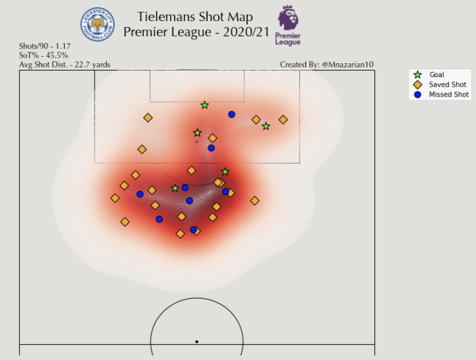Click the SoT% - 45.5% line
tap(44, 55)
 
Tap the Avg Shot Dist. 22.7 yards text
tap(65, 64)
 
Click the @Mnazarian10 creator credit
tap(347, 64)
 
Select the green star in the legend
tap(417, 75)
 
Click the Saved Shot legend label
tap(448, 84)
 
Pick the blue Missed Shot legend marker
tap(417, 95)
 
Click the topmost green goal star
tap(205, 105)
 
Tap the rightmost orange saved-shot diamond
tap(283, 119)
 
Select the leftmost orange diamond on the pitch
tap(115, 198)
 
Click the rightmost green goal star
tap(266, 127)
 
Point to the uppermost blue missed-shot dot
tap(232, 114)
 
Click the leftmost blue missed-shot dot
tap(140, 194)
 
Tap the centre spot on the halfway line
tap(196, 341)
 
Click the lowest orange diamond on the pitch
tap(180, 233)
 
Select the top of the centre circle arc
tap(196, 298)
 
